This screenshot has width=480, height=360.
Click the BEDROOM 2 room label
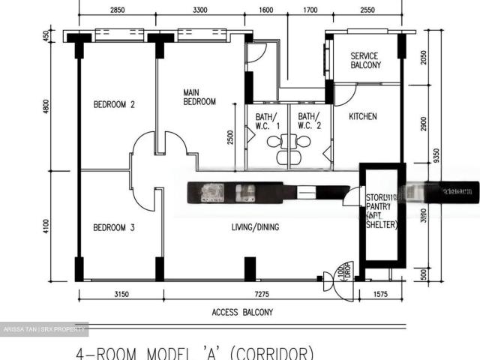(x=114, y=105)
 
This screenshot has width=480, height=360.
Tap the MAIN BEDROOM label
(x=199, y=97)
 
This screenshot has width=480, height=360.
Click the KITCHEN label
(x=363, y=117)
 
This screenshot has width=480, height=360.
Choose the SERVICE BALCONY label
(x=365, y=61)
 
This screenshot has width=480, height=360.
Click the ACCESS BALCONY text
(x=242, y=312)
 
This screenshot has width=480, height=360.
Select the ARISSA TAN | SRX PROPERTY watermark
(x=44, y=329)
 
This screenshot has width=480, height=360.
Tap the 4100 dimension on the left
(x=46, y=225)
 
